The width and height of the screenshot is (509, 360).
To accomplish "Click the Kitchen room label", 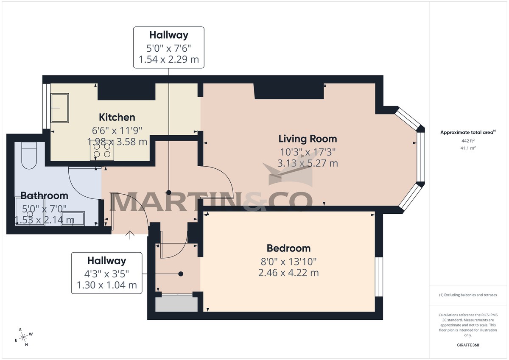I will click(x=117, y=117).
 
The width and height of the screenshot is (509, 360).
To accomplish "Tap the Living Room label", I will click(x=308, y=139).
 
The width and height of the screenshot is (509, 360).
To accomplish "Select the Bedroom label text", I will click(x=288, y=248).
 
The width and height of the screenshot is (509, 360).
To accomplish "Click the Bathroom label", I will click(x=45, y=196).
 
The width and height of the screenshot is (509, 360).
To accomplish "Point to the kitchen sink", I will click(x=59, y=107).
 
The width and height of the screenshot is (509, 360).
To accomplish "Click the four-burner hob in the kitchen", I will click(x=102, y=150).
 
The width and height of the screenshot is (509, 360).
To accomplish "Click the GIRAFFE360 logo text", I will click(x=468, y=345).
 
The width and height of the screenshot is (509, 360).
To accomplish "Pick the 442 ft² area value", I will click(x=468, y=140).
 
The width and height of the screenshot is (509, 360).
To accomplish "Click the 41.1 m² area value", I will click(x=468, y=148).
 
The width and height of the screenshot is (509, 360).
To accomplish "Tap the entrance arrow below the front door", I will click(x=130, y=234).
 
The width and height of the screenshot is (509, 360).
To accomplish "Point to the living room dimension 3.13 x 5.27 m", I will click(x=308, y=163).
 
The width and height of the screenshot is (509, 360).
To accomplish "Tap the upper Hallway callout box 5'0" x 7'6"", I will click(x=169, y=47).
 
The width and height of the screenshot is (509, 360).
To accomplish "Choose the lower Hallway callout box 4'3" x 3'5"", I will click(x=106, y=273).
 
